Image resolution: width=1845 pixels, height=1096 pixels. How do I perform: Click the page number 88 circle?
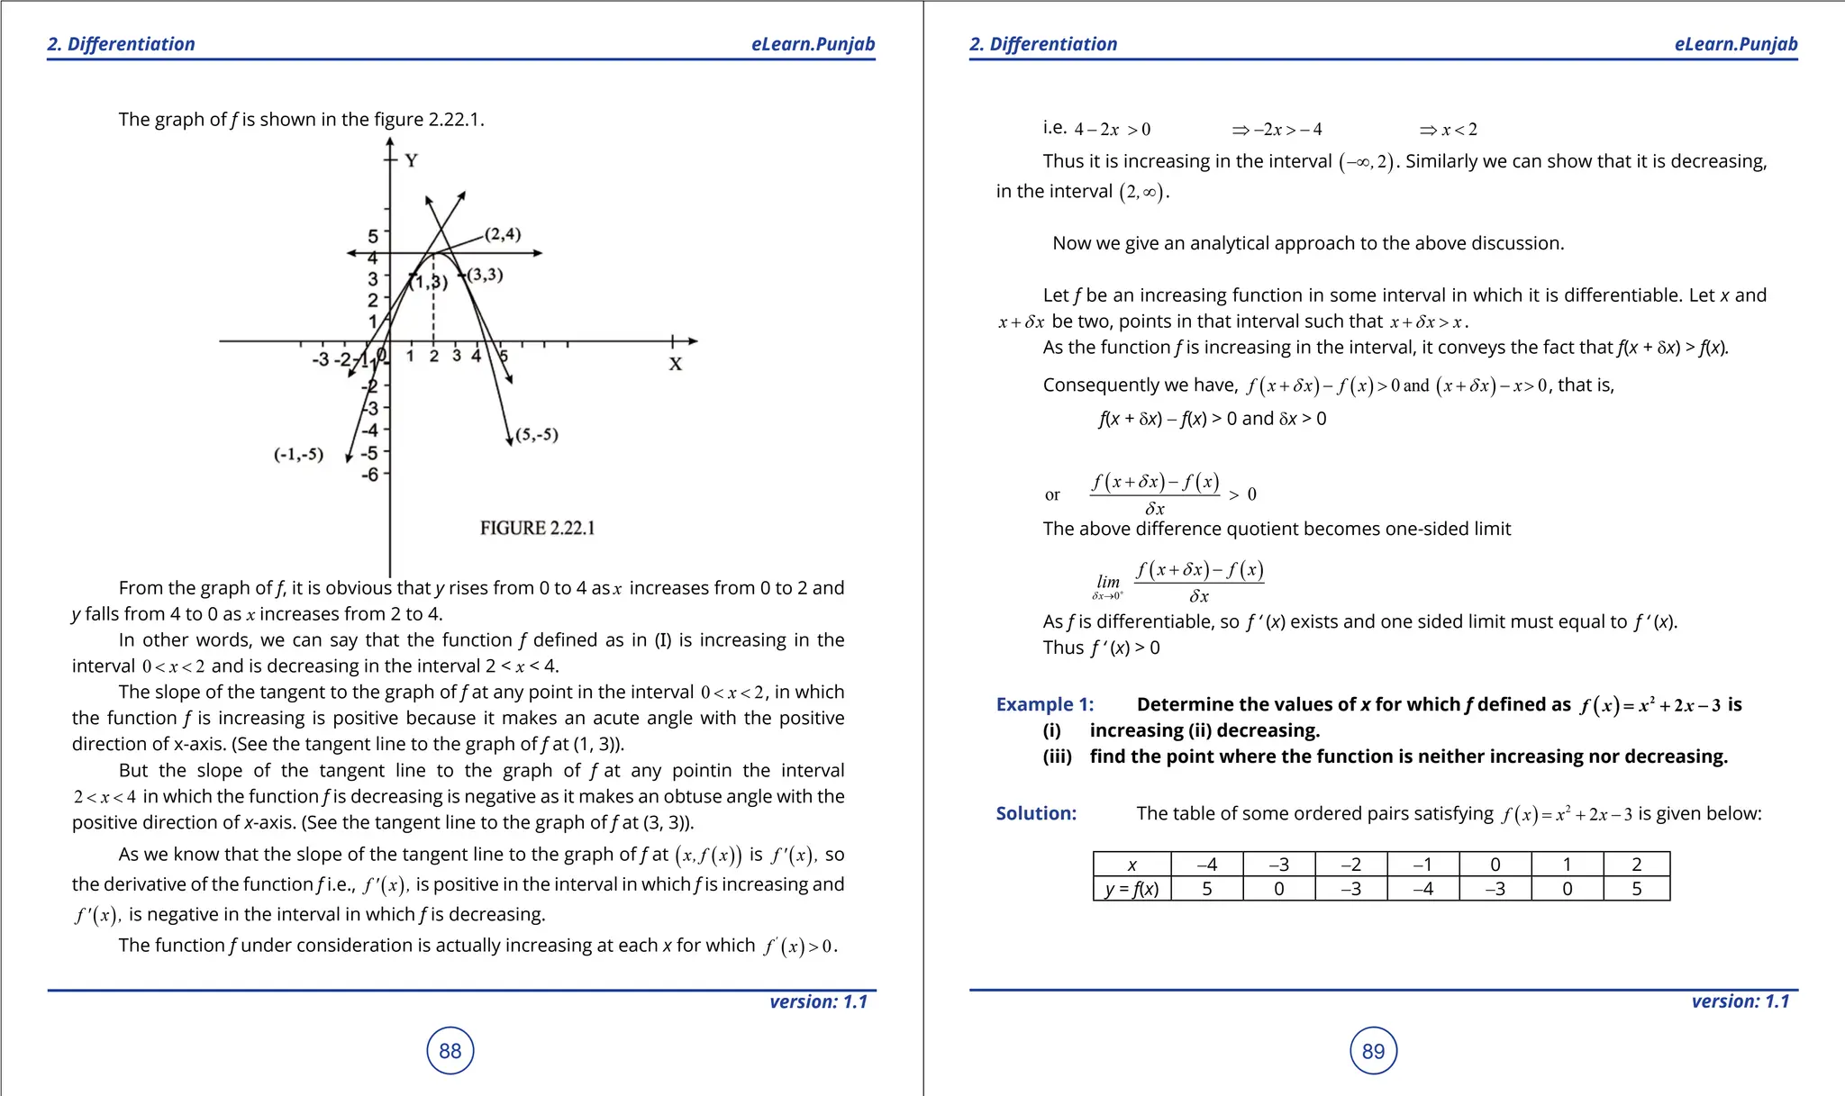pos(450,1051)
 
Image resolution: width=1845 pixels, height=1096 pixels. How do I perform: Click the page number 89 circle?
pos(1373,1051)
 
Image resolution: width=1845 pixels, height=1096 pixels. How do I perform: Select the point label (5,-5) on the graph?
pos(536,435)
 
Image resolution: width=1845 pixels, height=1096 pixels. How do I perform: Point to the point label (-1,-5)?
pos(298,454)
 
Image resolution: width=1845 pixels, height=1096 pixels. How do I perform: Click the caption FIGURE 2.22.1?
pos(537,528)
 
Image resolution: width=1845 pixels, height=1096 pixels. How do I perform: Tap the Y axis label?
pos(411,161)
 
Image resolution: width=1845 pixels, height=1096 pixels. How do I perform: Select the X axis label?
pos(675,364)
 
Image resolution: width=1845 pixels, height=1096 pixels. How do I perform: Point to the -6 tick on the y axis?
pos(370,474)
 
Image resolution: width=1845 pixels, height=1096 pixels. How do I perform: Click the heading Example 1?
pos(1044,704)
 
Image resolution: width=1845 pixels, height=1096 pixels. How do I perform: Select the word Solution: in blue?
pos(1036,813)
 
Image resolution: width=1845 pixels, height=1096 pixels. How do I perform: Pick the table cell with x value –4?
pos(1206,864)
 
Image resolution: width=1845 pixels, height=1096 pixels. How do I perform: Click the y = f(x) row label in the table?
pos(1132,889)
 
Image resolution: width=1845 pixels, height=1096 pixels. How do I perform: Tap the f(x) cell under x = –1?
pos(1422,889)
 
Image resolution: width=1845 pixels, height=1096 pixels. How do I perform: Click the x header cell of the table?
pos(1132,864)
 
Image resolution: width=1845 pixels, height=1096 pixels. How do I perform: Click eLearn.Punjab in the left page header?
pos(813,44)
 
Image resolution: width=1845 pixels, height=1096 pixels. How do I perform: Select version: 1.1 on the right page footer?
pos(1740,1001)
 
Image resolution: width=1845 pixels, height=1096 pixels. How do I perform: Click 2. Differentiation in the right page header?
pos(1043,44)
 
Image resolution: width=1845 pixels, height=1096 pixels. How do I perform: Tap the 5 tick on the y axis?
pos(373,236)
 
